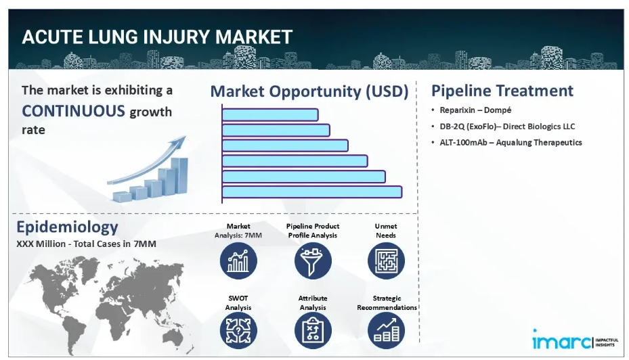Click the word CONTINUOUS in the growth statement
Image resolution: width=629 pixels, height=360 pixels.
click(x=73, y=111)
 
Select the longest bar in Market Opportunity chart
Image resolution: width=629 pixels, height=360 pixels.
click(x=311, y=192)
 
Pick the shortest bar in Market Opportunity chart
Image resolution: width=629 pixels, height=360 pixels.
click(x=270, y=114)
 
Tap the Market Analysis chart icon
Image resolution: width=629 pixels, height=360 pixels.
click(x=238, y=261)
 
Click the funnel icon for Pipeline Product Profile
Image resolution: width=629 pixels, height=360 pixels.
click(x=313, y=261)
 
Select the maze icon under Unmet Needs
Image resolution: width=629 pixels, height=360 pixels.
click(x=386, y=261)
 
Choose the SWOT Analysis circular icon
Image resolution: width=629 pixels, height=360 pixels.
click(x=238, y=331)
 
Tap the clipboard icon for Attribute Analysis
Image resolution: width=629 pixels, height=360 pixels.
click(x=313, y=331)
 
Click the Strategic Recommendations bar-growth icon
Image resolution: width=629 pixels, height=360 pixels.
click(x=386, y=331)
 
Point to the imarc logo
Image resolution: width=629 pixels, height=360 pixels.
click(x=575, y=340)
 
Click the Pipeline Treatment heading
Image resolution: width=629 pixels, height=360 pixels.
click(x=502, y=91)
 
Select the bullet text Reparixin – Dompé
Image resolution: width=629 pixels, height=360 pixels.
click(x=475, y=110)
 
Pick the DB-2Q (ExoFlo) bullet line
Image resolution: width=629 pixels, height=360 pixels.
click(x=507, y=127)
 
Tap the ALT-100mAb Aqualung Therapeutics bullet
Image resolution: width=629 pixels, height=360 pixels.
click(x=511, y=142)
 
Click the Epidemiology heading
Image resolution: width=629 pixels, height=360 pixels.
click(x=67, y=227)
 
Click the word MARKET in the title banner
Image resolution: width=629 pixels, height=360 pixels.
click(x=253, y=37)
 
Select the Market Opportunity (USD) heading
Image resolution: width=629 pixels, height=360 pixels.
click(x=309, y=91)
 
